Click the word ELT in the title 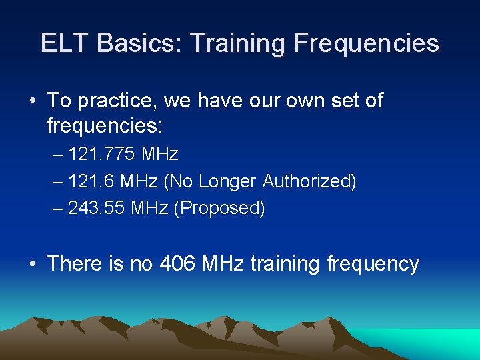point(65,43)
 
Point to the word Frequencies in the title point(367,43)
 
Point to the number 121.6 point(91,181)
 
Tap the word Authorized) point(309,181)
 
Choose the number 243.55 point(97,208)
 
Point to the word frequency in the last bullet point(373,264)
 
